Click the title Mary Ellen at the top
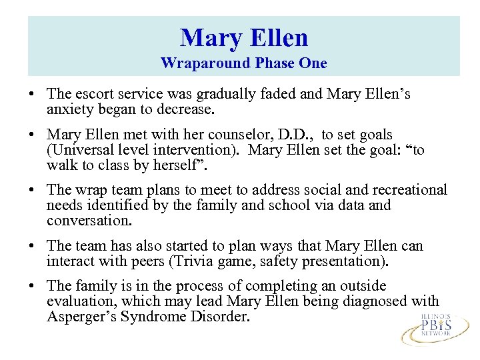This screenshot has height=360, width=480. click(244, 37)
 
